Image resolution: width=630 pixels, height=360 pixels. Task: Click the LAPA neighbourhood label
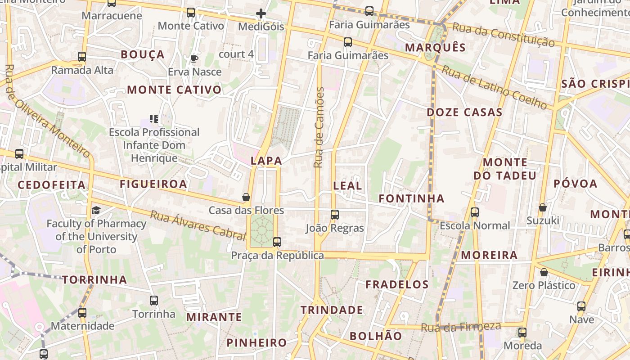pos(266,161)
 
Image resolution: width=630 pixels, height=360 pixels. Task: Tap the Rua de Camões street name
pos(319,128)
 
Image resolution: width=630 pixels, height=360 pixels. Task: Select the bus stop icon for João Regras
pos(334,215)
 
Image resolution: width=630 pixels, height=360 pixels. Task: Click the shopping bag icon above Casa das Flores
pos(246,197)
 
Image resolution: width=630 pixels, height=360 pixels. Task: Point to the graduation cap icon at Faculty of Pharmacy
pos(96,210)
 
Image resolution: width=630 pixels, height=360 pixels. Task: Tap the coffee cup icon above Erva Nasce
pos(194,58)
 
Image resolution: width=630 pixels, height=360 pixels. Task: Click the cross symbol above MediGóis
pos(261,13)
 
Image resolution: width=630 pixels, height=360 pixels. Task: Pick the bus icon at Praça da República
pos(277,242)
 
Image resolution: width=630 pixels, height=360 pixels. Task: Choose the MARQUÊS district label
pos(435,47)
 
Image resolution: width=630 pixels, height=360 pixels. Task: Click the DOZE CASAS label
pos(464,112)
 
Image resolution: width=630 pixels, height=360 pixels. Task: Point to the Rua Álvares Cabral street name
pos(198,223)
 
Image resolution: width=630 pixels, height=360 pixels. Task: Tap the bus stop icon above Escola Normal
pos(474,212)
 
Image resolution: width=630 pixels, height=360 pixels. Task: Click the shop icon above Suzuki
pos(543,207)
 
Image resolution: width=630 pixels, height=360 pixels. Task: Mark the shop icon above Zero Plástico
pos(544,272)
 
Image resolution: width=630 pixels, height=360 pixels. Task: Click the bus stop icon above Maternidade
pos(82,312)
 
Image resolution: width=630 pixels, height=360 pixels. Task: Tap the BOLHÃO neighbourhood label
pos(376,336)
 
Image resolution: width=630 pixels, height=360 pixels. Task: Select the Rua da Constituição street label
pos(503,34)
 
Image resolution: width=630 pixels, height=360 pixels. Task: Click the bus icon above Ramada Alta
pos(82,57)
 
